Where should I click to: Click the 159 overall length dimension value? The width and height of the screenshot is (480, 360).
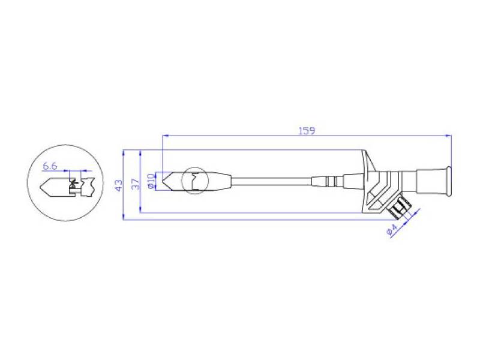pyautogui.click(x=307, y=131)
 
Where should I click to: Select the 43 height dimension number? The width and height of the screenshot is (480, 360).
pyautogui.click(x=118, y=185)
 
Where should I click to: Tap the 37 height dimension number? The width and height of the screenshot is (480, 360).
pyautogui.click(x=135, y=184)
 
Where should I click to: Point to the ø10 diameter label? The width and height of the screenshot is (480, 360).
pyautogui.click(x=151, y=181)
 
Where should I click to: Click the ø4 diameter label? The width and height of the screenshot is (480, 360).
pyautogui.click(x=392, y=230)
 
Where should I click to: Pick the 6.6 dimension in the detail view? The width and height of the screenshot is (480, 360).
pyautogui.click(x=50, y=166)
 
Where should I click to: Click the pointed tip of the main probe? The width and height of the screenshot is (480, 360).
pyautogui.click(x=162, y=181)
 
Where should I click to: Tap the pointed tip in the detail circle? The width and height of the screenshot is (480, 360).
pyautogui.click(x=40, y=186)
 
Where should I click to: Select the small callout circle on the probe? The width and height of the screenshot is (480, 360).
pyautogui.click(x=194, y=181)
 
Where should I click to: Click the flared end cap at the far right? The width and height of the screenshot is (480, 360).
pyautogui.click(x=448, y=181)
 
